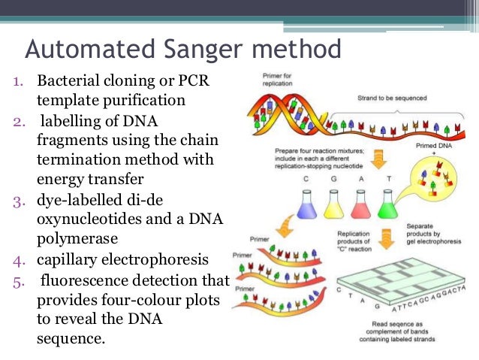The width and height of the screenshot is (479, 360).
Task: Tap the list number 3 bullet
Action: tap(17, 201)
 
